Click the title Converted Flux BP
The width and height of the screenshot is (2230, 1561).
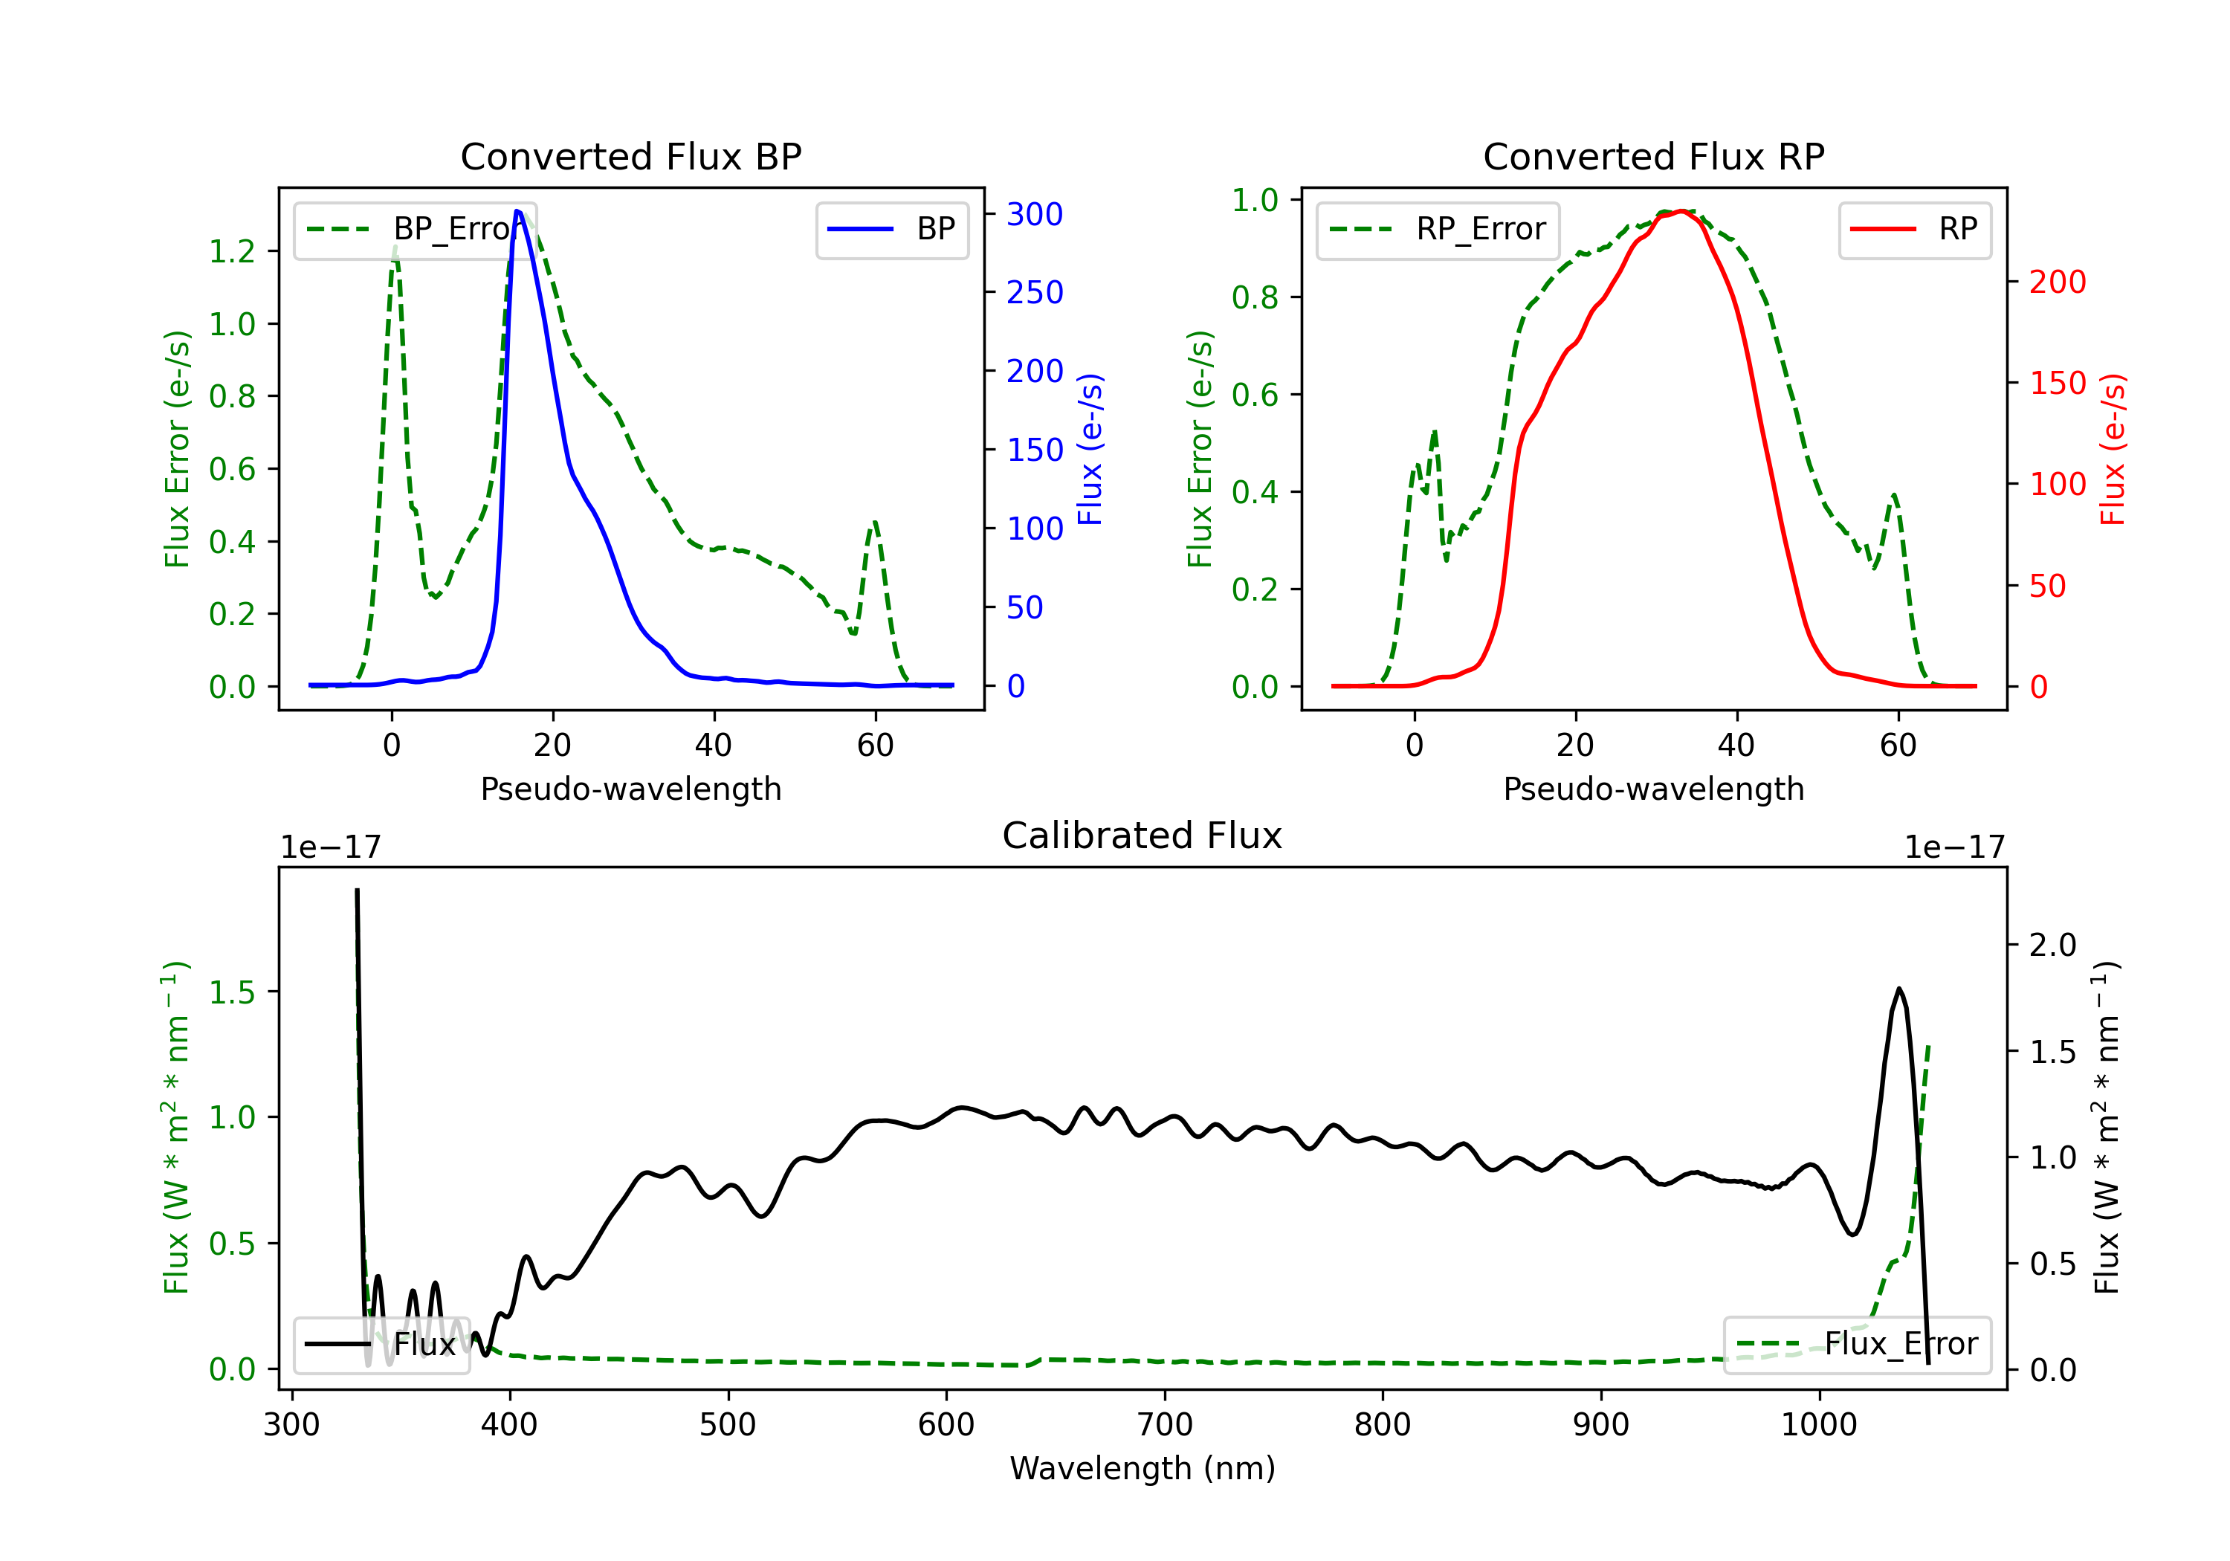pyautogui.click(x=630, y=156)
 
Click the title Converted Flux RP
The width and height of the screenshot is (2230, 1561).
pyautogui.click(x=1653, y=156)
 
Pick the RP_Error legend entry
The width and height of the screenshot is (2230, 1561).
pyautogui.click(x=1438, y=229)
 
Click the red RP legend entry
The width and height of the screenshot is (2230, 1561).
pyautogui.click(x=1914, y=229)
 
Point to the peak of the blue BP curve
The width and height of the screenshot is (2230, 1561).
pyautogui.click(x=517, y=211)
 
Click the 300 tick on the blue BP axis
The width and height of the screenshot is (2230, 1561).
pyautogui.click(x=1035, y=213)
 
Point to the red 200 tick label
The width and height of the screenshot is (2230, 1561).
pyautogui.click(x=2057, y=282)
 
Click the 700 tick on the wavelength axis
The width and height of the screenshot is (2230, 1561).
pyautogui.click(x=1165, y=1424)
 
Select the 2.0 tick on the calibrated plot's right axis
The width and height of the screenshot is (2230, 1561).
pyautogui.click(x=2052, y=944)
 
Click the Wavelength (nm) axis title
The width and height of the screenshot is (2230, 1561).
pyautogui.click(x=1143, y=1468)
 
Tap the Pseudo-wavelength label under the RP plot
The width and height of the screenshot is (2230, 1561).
pyautogui.click(x=1653, y=789)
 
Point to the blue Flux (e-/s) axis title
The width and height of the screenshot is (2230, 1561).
pyautogui.click(x=1090, y=449)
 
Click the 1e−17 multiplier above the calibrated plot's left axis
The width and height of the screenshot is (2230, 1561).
pyautogui.click(x=330, y=847)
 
